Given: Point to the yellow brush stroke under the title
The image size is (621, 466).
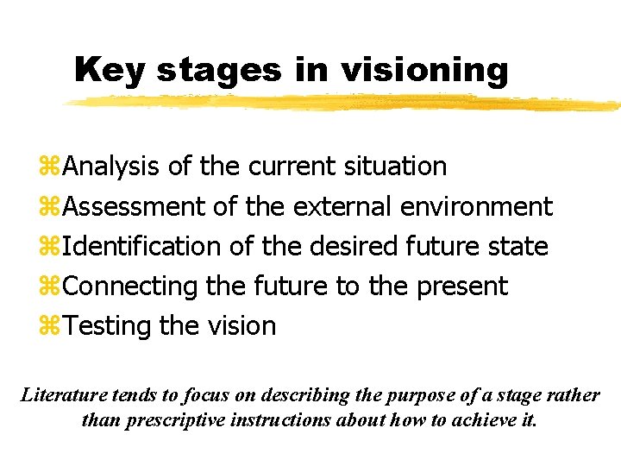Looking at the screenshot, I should (x=345, y=102).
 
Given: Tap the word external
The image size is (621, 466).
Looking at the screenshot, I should (x=343, y=206).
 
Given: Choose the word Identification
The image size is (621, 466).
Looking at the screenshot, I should (x=142, y=246).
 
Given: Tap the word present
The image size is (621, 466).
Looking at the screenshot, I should (x=462, y=287).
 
